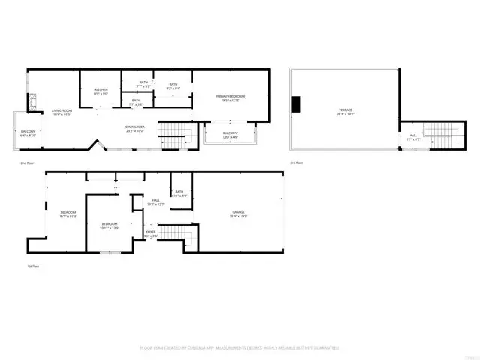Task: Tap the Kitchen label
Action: [x=101, y=91]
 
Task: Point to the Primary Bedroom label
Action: [x=231, y=98]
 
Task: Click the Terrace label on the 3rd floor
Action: [x=345, y=112]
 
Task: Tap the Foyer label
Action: [x=151, y=234]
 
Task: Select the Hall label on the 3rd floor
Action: [x=412, y=137]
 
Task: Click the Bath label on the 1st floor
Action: [x=179, y=193]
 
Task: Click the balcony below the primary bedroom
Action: [x=230, y=135]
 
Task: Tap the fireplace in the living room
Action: [x=32, y=102]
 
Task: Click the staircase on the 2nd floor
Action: [x=174, y=136]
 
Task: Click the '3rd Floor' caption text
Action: [x=297, y=162]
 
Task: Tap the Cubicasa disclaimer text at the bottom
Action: [x=239, y=348]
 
